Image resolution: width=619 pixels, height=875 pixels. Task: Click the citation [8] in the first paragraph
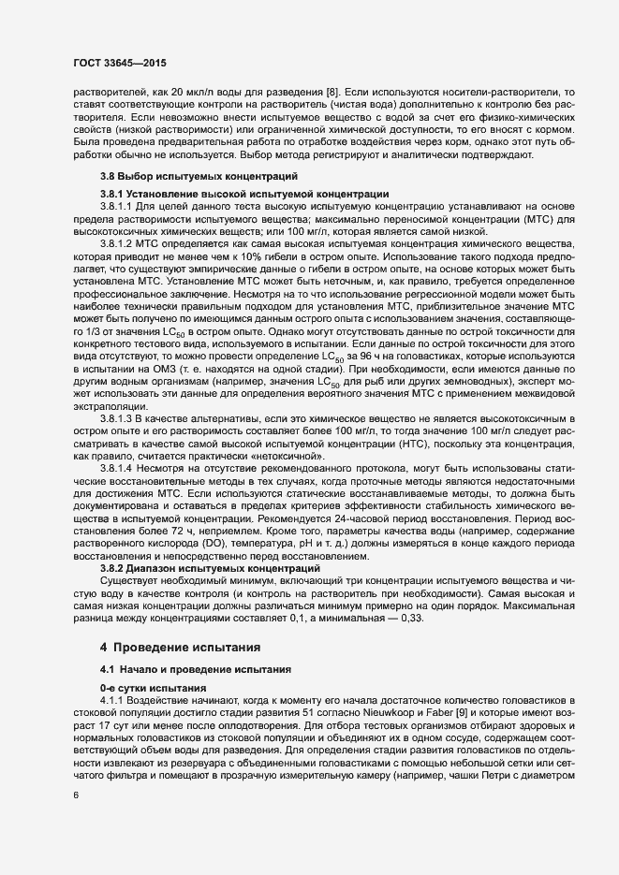pos(332,90)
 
